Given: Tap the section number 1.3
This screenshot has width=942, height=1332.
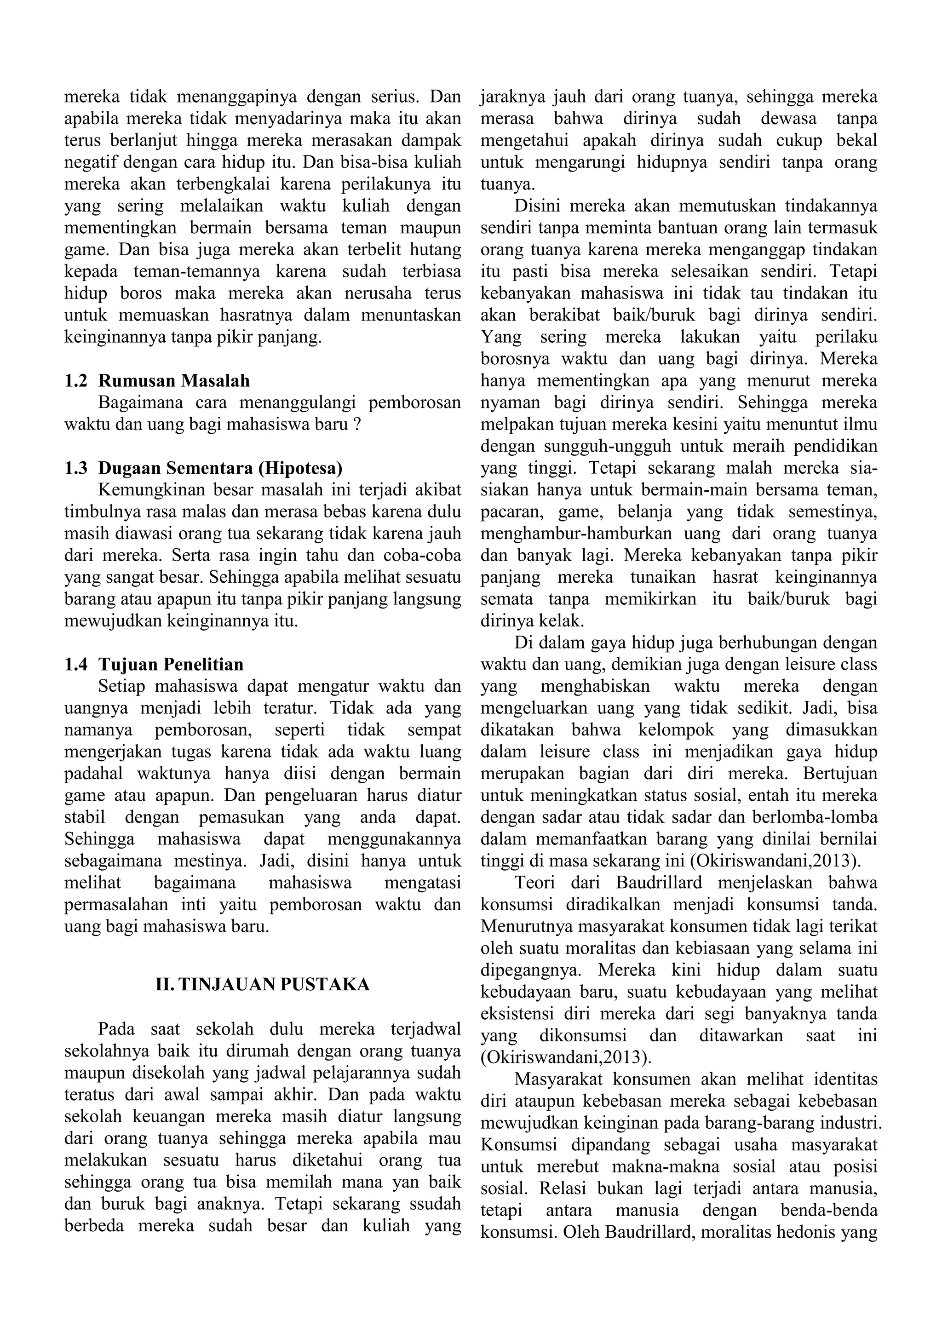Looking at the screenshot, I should pos(76,468).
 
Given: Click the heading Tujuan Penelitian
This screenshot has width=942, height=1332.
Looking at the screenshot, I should pos(171,664).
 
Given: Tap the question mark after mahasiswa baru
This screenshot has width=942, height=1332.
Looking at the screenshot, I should pos(357,424).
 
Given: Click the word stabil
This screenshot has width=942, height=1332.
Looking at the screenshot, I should pos(85,817).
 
